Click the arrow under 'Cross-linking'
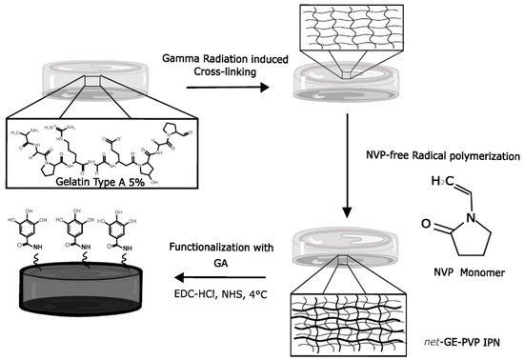point(226,86)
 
